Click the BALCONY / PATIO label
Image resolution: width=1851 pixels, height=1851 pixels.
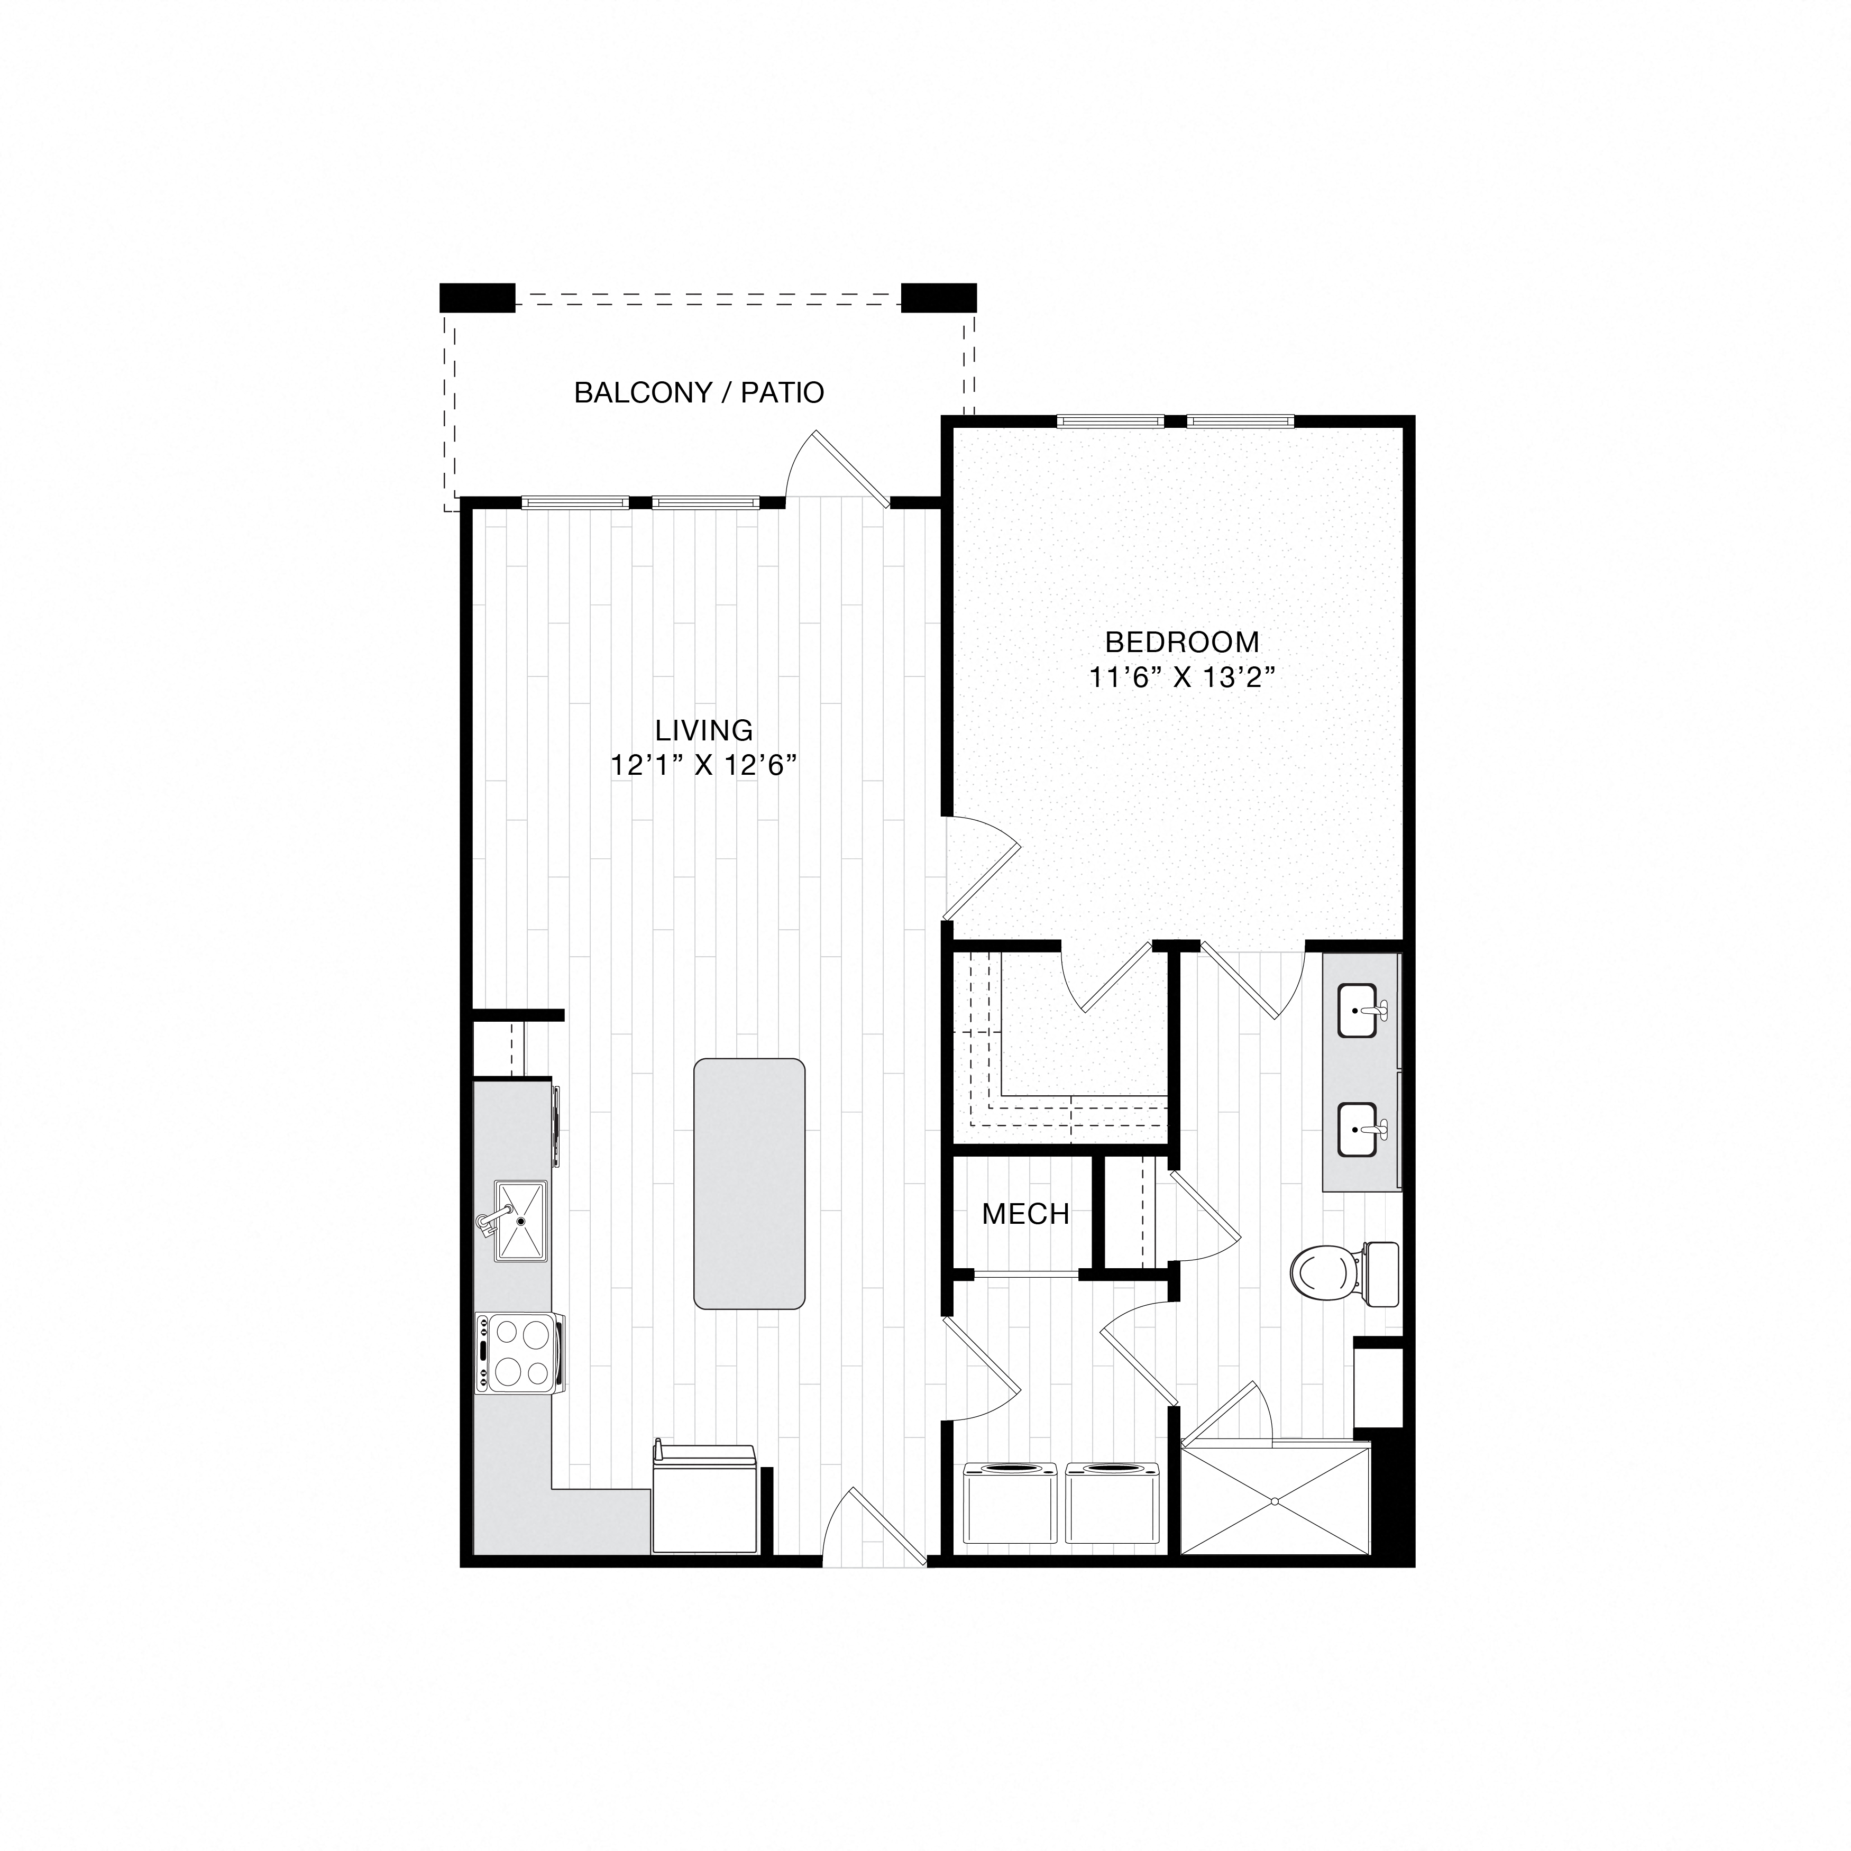pyautogui.click(x=699, y=393)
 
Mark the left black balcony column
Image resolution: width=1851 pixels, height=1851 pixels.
pyautogui.click(x=477, y=297)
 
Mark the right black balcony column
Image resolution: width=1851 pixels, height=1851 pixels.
pyautogui.click(x=939, y=297)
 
